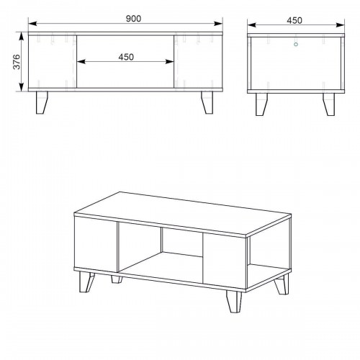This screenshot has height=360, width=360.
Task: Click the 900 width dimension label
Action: click(x=133, y=19)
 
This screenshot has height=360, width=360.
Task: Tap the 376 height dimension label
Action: click(x=17, y=62)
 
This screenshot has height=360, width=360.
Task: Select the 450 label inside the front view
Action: click(x=126, y=57)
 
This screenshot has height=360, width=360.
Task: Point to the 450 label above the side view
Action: click(x=294, y=21)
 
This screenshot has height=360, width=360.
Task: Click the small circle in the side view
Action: click(x=296, y=44)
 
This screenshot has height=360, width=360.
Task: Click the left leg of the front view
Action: click(x=42, y=102)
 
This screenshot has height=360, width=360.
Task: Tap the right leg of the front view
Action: click(x=207, y=102)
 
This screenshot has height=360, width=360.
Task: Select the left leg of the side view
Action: click(x=261, y=104)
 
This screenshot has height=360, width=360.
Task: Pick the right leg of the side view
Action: click(x=328, y=104)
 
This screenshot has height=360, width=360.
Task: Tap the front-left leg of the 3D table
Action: click(x=86, y=282)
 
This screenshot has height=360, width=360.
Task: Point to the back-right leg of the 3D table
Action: click(x=282, y=284)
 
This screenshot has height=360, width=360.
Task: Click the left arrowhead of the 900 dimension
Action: click(x=32, y=24)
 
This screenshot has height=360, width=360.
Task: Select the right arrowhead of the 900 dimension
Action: click(x=218, y=24)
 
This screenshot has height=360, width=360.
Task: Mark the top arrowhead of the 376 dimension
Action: click(x=22, y=37)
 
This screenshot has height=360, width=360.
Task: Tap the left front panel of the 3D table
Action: click(x=96, y=244)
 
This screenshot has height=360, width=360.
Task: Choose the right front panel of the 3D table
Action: click(x=225, y=261)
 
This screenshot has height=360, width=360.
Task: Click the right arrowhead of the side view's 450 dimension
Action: click(x=341, y=24)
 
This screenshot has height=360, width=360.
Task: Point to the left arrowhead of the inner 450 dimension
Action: click(x=81, y=62)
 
